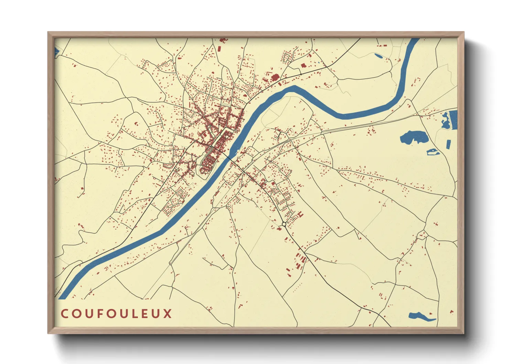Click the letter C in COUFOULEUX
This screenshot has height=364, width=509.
tap(64, 314)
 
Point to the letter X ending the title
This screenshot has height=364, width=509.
tap(167, 314)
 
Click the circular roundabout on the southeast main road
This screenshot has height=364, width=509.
tap(284, 224)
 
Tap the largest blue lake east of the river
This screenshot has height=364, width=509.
tap(414, 137)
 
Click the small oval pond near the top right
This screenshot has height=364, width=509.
tap(378, 56)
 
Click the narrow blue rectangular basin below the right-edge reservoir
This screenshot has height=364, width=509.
tap(448, 144)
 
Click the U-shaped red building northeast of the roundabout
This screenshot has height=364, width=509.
tap(301, 215)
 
